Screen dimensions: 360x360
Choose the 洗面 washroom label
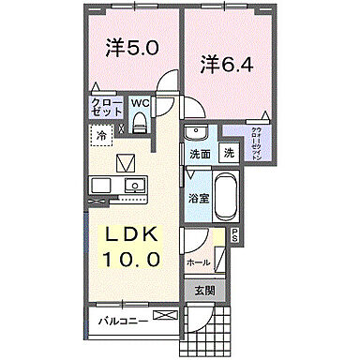tap(199, 154)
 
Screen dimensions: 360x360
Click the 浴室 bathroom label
tap(198, 198)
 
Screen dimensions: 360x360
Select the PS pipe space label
tap(234, 235)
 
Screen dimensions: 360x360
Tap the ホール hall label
tap(197, 263)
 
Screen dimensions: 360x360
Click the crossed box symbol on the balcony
tap(166, 317)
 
